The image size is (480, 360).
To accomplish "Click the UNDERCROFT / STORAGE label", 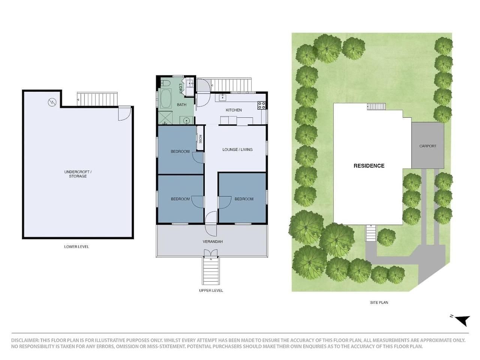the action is pyautogui.click(x=78, y=174).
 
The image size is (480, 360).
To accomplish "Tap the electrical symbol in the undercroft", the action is pyautogui.click(x=52, y=102).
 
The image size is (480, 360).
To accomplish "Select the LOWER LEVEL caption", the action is pyautogui.click(x=76, y=247).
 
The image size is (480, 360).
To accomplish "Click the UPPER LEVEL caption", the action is pyautogui.click(x=211, y=291).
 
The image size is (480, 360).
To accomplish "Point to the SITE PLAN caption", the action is pyautogui.click(x=379, y=303).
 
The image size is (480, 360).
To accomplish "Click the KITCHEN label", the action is pyautogui.click(x=234, y=110).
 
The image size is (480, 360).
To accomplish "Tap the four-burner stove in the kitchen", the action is pyautogui.click(x=261, y=105).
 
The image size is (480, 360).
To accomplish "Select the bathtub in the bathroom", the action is pyautogui.click(x=166, y=99).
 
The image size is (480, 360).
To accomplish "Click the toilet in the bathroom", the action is pyautogui.click(x=165, y=83).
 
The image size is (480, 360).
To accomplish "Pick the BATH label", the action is pyautogui.click(x=181, y=105).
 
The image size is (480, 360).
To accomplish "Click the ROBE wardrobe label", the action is pyautogui.click(x=200, y=139).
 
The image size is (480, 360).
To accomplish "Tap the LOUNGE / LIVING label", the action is pyautogui.click(x=237, y=150).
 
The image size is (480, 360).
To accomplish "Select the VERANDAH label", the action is pyautogui.click(x=213, y=241).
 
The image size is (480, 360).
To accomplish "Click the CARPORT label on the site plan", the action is pyautogui.click(x=428, y=146).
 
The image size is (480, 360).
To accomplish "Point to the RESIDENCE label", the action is pyautogui.click(x=369, y=166).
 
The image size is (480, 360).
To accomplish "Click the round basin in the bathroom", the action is pyautogui.click(x=186, y=120).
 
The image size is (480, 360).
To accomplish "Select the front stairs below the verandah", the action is pyautogui.click(x=211, y=271).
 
